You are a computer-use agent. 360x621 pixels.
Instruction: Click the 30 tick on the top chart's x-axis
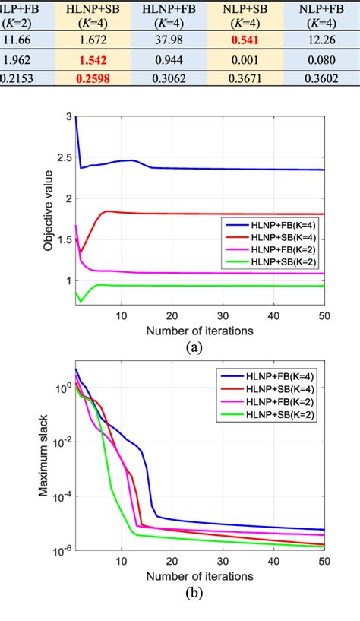click(x=223, y=315)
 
